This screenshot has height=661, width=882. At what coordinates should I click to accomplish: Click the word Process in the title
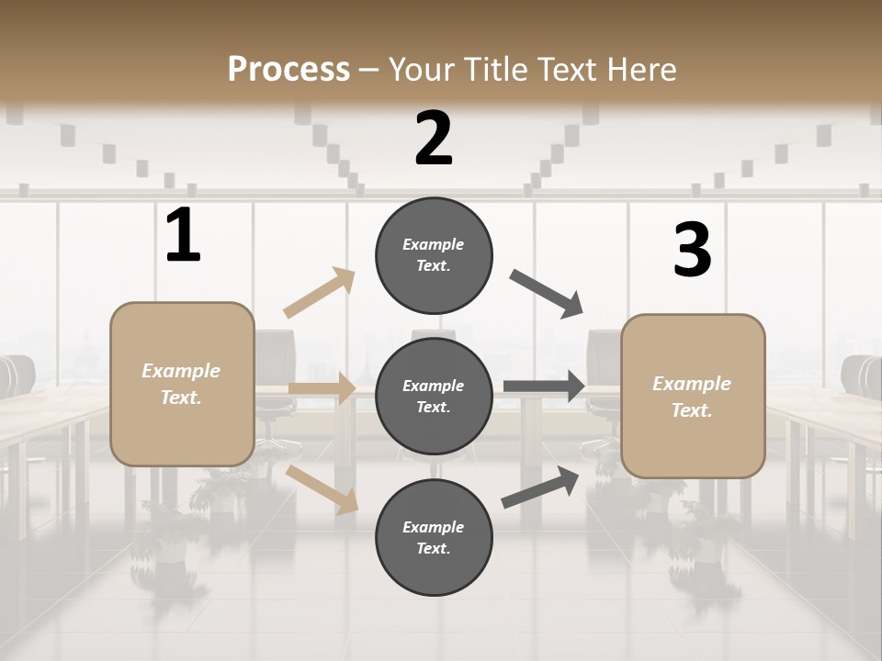pyautogui.click(x=288, y=69)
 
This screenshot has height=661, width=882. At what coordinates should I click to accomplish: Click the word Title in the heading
pyautogui.click(x=497, y=69)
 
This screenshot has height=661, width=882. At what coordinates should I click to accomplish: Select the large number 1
pyautogui.click(x=183, y=236)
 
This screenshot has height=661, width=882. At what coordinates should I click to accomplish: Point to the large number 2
pyautogui.click(x=434, y=139)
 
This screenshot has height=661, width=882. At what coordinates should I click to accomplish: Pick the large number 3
pyautogui.click(x=692, y=251)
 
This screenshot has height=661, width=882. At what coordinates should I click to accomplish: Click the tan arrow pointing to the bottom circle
pyautogui.click(x=322, y=489)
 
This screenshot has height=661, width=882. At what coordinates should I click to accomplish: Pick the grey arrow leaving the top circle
pyautogui.click(x=546, y=294)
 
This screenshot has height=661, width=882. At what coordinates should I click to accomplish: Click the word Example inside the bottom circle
pyautogui.click(x=433, y=527)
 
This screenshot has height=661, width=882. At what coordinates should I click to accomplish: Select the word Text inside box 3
pyautogui.click(x=691, y=410)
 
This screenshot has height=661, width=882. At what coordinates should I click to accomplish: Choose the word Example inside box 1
pyautogui.click(x=181, y=371)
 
